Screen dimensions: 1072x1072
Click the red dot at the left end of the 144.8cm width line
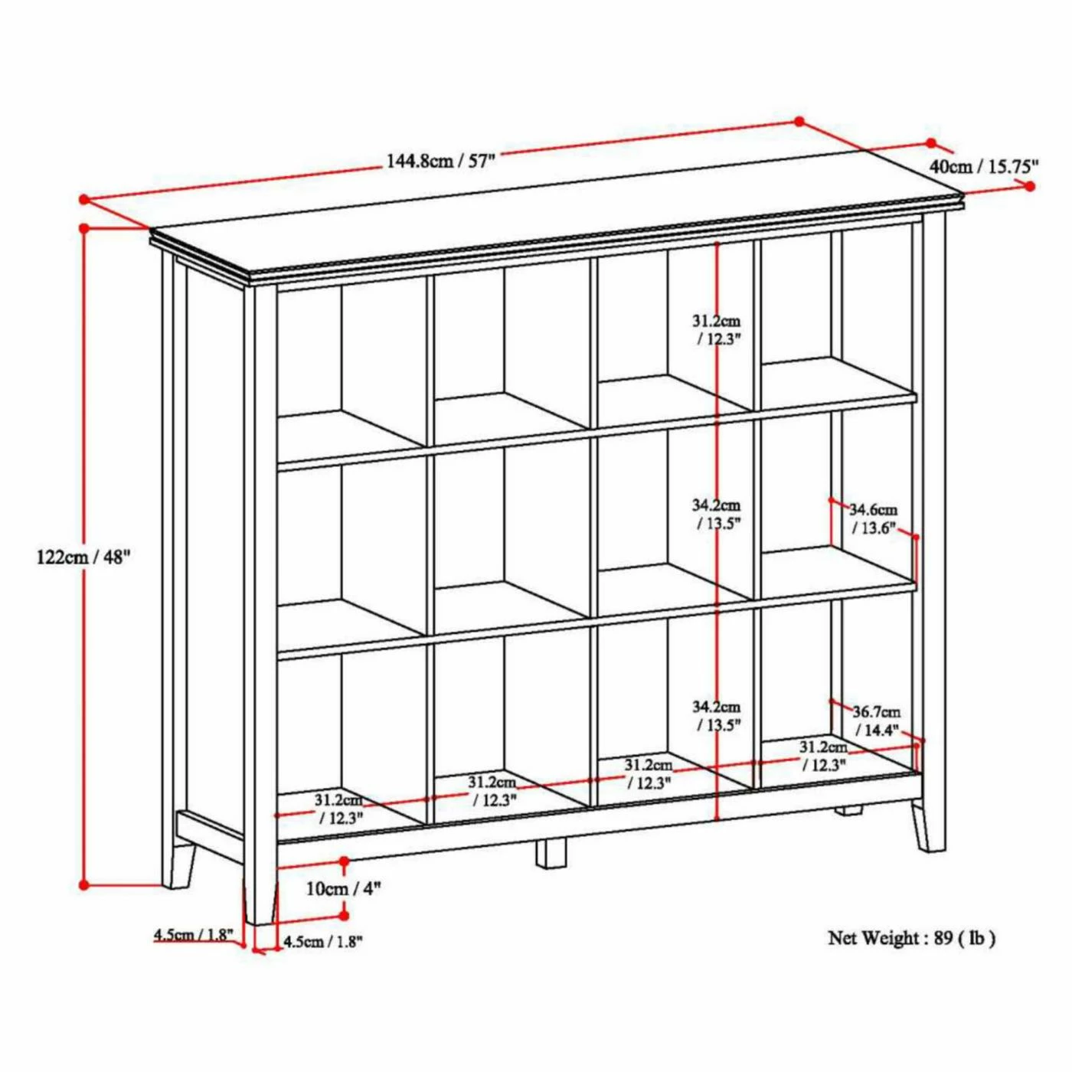84,198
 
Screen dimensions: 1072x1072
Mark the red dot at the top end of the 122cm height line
84,228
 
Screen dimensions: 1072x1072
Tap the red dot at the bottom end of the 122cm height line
84,884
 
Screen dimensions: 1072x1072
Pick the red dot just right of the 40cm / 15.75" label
1030,186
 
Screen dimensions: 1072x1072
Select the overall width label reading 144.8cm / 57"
440,162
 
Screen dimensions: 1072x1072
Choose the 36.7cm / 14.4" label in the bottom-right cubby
878,721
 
